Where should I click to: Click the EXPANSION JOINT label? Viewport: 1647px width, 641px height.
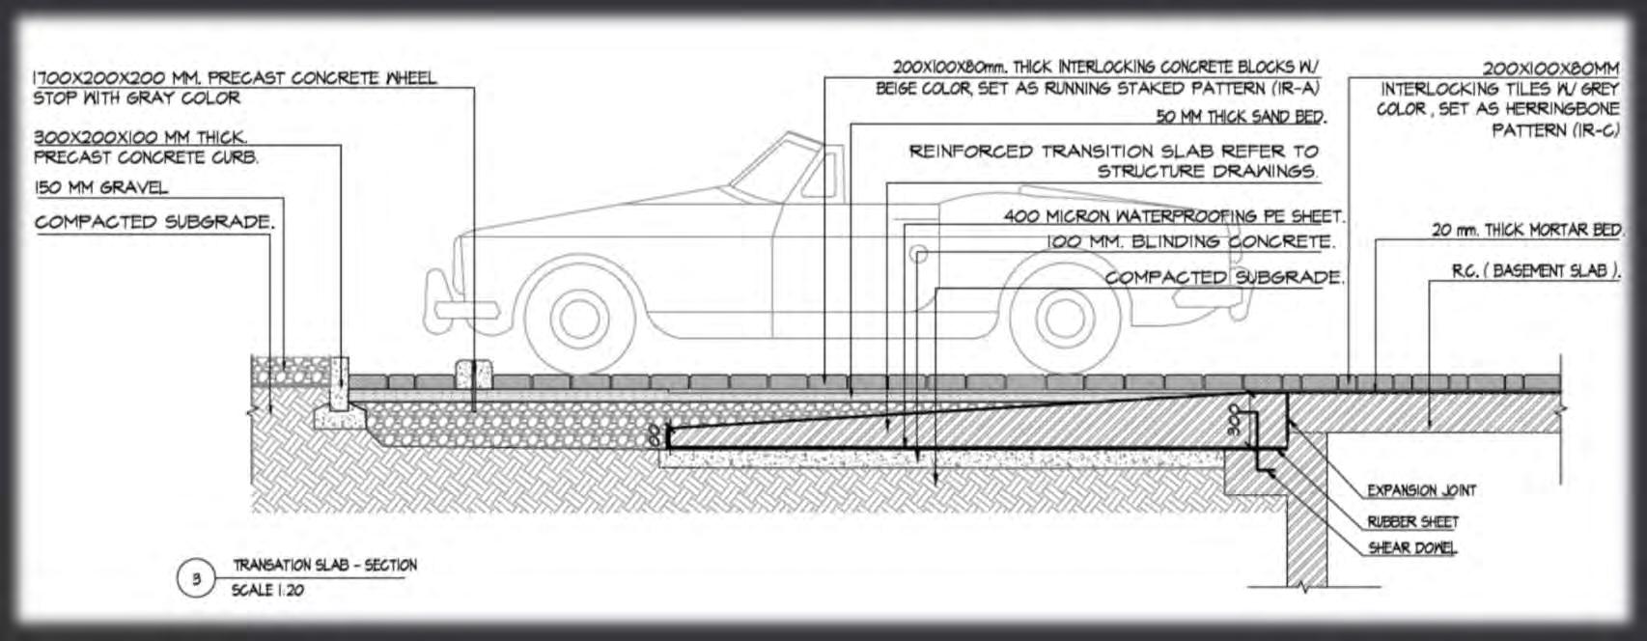(1421, 490)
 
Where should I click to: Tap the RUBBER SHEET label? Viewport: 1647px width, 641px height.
(1412, 522)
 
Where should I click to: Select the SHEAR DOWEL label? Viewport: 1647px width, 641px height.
(1412, 548)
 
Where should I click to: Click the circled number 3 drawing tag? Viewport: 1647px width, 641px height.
(196, 579)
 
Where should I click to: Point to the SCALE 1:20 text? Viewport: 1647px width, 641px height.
(267, 590)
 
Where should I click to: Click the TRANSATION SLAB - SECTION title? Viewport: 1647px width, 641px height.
(324, 566)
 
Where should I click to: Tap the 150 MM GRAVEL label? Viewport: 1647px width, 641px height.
(100, 187)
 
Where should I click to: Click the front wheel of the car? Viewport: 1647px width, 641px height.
(578, 315)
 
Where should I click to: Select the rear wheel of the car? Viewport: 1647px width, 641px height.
(1063, 315)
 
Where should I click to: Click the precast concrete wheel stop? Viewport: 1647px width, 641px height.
(473, 374)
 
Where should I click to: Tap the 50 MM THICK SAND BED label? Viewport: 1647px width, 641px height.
(1241, 117)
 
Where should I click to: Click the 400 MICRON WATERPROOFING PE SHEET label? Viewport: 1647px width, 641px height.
(1173, 216)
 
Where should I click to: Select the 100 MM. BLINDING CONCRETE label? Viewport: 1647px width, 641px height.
(1190, 241)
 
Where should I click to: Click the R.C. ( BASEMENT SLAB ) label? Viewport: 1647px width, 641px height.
(1536, 271)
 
